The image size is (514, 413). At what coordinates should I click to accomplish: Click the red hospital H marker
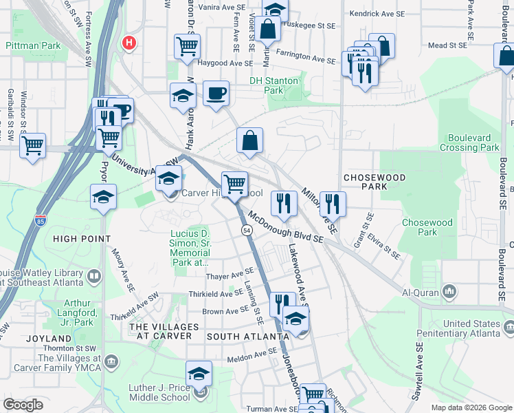coord(128,43)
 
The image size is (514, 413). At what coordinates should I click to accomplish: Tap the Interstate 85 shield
coord(41,221)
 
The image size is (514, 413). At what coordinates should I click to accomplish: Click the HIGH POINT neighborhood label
coord(82,239)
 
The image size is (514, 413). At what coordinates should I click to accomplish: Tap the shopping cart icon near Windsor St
coord(32,146)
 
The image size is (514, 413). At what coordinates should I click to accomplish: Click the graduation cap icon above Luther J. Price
coord(199,374)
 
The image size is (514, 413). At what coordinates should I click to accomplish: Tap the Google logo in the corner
coord(23,405)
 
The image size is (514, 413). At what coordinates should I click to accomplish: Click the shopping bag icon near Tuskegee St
coord(269,30)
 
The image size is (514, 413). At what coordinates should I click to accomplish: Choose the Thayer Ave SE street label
coord(230,276)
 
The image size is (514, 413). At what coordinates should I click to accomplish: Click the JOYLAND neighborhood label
coord(49,339)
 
